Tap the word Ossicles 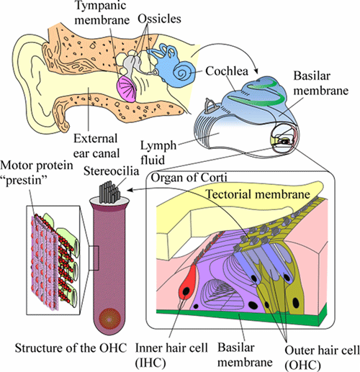click(x=159, y=19)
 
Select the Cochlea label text click(x=227, y=71)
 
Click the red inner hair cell click(x=187, y=283)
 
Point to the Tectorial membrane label click(x=258, y=194)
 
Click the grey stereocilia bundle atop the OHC click(x=109, y=191)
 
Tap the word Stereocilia click(x=111, y=171)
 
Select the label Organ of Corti click(x=189, y=178)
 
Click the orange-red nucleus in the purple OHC click(x=109, y=319)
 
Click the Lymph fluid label click(x=158, y=153)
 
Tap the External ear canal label click(x=96, y=146)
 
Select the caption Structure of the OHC click(x=71, y=348)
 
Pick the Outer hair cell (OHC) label click(x=322, y=358)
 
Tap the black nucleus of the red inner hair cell click(x=186, y=291)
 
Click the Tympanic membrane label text click(x=102, y=12)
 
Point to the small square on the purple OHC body click(x=94, y=258)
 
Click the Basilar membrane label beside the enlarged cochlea click(x=321, y=83)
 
